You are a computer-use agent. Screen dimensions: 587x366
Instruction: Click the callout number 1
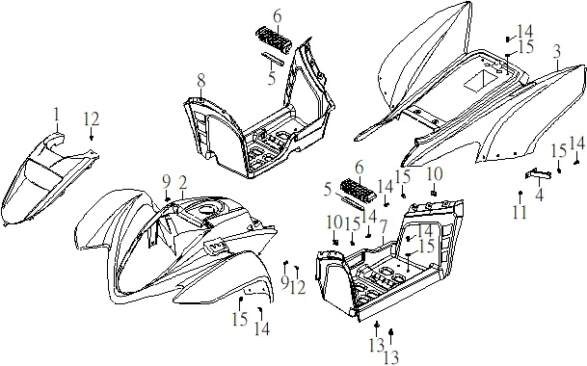click(57, 115)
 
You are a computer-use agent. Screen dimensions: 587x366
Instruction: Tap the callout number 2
click(183, 182)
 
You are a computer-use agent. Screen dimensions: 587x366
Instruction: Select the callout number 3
click(557, 51)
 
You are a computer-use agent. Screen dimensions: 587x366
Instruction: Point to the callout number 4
click(539, 195)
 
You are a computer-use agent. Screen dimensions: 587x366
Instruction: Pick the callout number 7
click(383, 225)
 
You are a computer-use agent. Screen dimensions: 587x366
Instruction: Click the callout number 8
click(201, 80)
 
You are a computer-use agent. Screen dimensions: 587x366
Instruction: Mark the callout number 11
click(520, 212)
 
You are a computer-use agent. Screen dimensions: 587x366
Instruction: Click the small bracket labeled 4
click(539, 174)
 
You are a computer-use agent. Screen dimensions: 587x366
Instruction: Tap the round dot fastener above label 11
click(520, 193)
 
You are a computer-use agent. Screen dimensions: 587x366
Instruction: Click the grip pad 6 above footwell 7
click(359, 191)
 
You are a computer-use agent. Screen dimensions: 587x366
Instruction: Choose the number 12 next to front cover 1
click(92, 119)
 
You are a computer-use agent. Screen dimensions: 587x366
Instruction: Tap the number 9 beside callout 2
click(167, 182)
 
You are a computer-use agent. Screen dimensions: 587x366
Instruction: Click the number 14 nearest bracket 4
click(577, 144)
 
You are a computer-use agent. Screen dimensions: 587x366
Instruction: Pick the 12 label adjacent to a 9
click(298, 287)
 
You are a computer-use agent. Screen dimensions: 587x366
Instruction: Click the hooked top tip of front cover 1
click(57, 135)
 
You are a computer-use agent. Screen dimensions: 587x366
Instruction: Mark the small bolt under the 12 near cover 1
click(92, 138)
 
